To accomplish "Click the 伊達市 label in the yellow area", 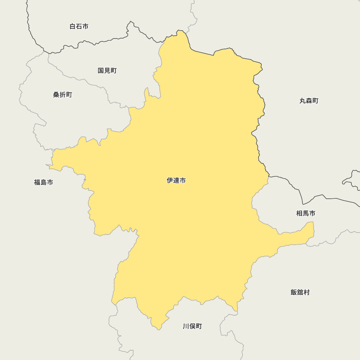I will (176, 180).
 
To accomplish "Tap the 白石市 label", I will (79, 26).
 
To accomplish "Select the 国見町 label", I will (107, 71).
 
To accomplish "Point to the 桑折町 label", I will (63, 95).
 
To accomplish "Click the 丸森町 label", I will (309, 101).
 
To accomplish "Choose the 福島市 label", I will (44, 182).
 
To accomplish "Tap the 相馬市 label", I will (306, 213).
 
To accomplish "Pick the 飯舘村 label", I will (300, 292).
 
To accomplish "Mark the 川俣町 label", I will (192, 326).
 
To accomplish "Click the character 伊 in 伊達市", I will (170, 180).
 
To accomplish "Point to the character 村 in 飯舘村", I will (306, 292).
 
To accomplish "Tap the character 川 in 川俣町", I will (186, 326).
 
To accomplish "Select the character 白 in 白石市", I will (72, 26).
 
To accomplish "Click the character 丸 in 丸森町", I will (302, 101).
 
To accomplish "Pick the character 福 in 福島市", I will (37, 182).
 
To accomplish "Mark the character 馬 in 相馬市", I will (306, 213).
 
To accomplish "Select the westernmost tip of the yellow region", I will (46, 165).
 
